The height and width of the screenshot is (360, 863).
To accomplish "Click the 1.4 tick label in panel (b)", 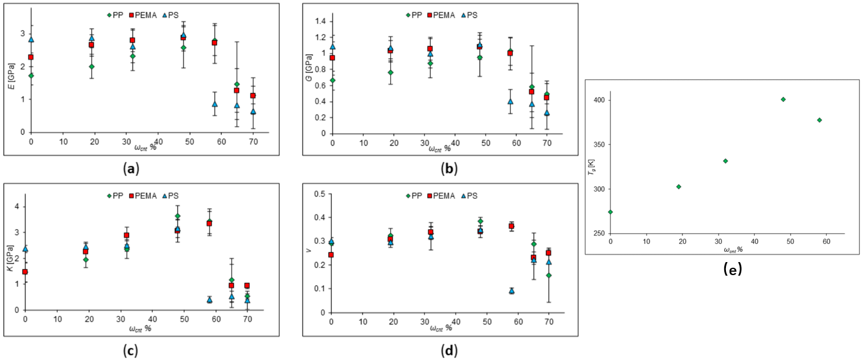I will coord(321,22).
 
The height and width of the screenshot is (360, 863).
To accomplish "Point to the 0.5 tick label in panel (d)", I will coord(321,194).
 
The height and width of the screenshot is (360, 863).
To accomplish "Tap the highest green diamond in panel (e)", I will coord(783,99).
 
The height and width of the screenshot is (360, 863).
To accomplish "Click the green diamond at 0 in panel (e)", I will coord(610,212).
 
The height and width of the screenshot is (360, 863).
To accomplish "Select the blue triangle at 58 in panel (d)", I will coord(511,291).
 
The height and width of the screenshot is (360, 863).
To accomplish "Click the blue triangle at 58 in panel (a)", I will coord(215,104).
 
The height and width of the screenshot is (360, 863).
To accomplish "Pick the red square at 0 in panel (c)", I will coord(25,272).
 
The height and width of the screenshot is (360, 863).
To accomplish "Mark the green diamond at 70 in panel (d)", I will coord(548,275).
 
